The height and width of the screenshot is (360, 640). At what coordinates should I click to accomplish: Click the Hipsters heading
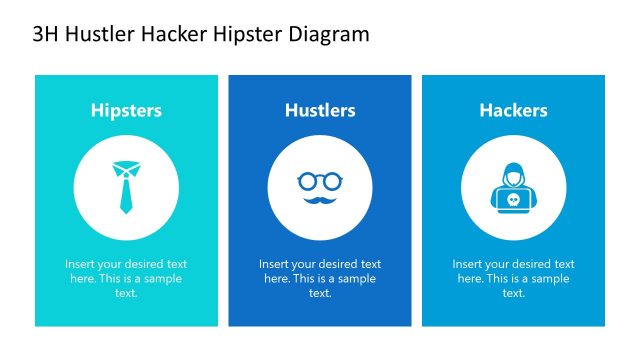(126, 110)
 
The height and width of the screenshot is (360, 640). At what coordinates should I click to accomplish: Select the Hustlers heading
(320, 110)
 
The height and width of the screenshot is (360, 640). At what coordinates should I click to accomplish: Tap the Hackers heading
(513, 110)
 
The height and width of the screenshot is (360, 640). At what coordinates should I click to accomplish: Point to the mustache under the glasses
(320, 199)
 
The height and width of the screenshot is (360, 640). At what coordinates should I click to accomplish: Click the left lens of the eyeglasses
(307, 181)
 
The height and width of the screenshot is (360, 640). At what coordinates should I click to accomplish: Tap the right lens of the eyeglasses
(332, 181)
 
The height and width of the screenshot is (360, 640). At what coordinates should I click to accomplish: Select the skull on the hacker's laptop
(513, 200)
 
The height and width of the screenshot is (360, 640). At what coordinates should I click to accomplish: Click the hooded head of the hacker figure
(513, 174)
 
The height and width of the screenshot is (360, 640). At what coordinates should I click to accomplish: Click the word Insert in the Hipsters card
(80, 264)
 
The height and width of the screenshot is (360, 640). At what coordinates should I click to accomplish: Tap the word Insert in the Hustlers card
(274, 264)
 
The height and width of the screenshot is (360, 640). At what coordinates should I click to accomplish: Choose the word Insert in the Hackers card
(467, 264)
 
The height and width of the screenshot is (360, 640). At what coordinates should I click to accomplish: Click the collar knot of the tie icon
(126, 166)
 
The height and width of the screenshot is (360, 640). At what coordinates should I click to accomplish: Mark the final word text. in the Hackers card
(513, 293)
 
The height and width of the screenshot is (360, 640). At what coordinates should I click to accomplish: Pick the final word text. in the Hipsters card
(126, 293)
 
